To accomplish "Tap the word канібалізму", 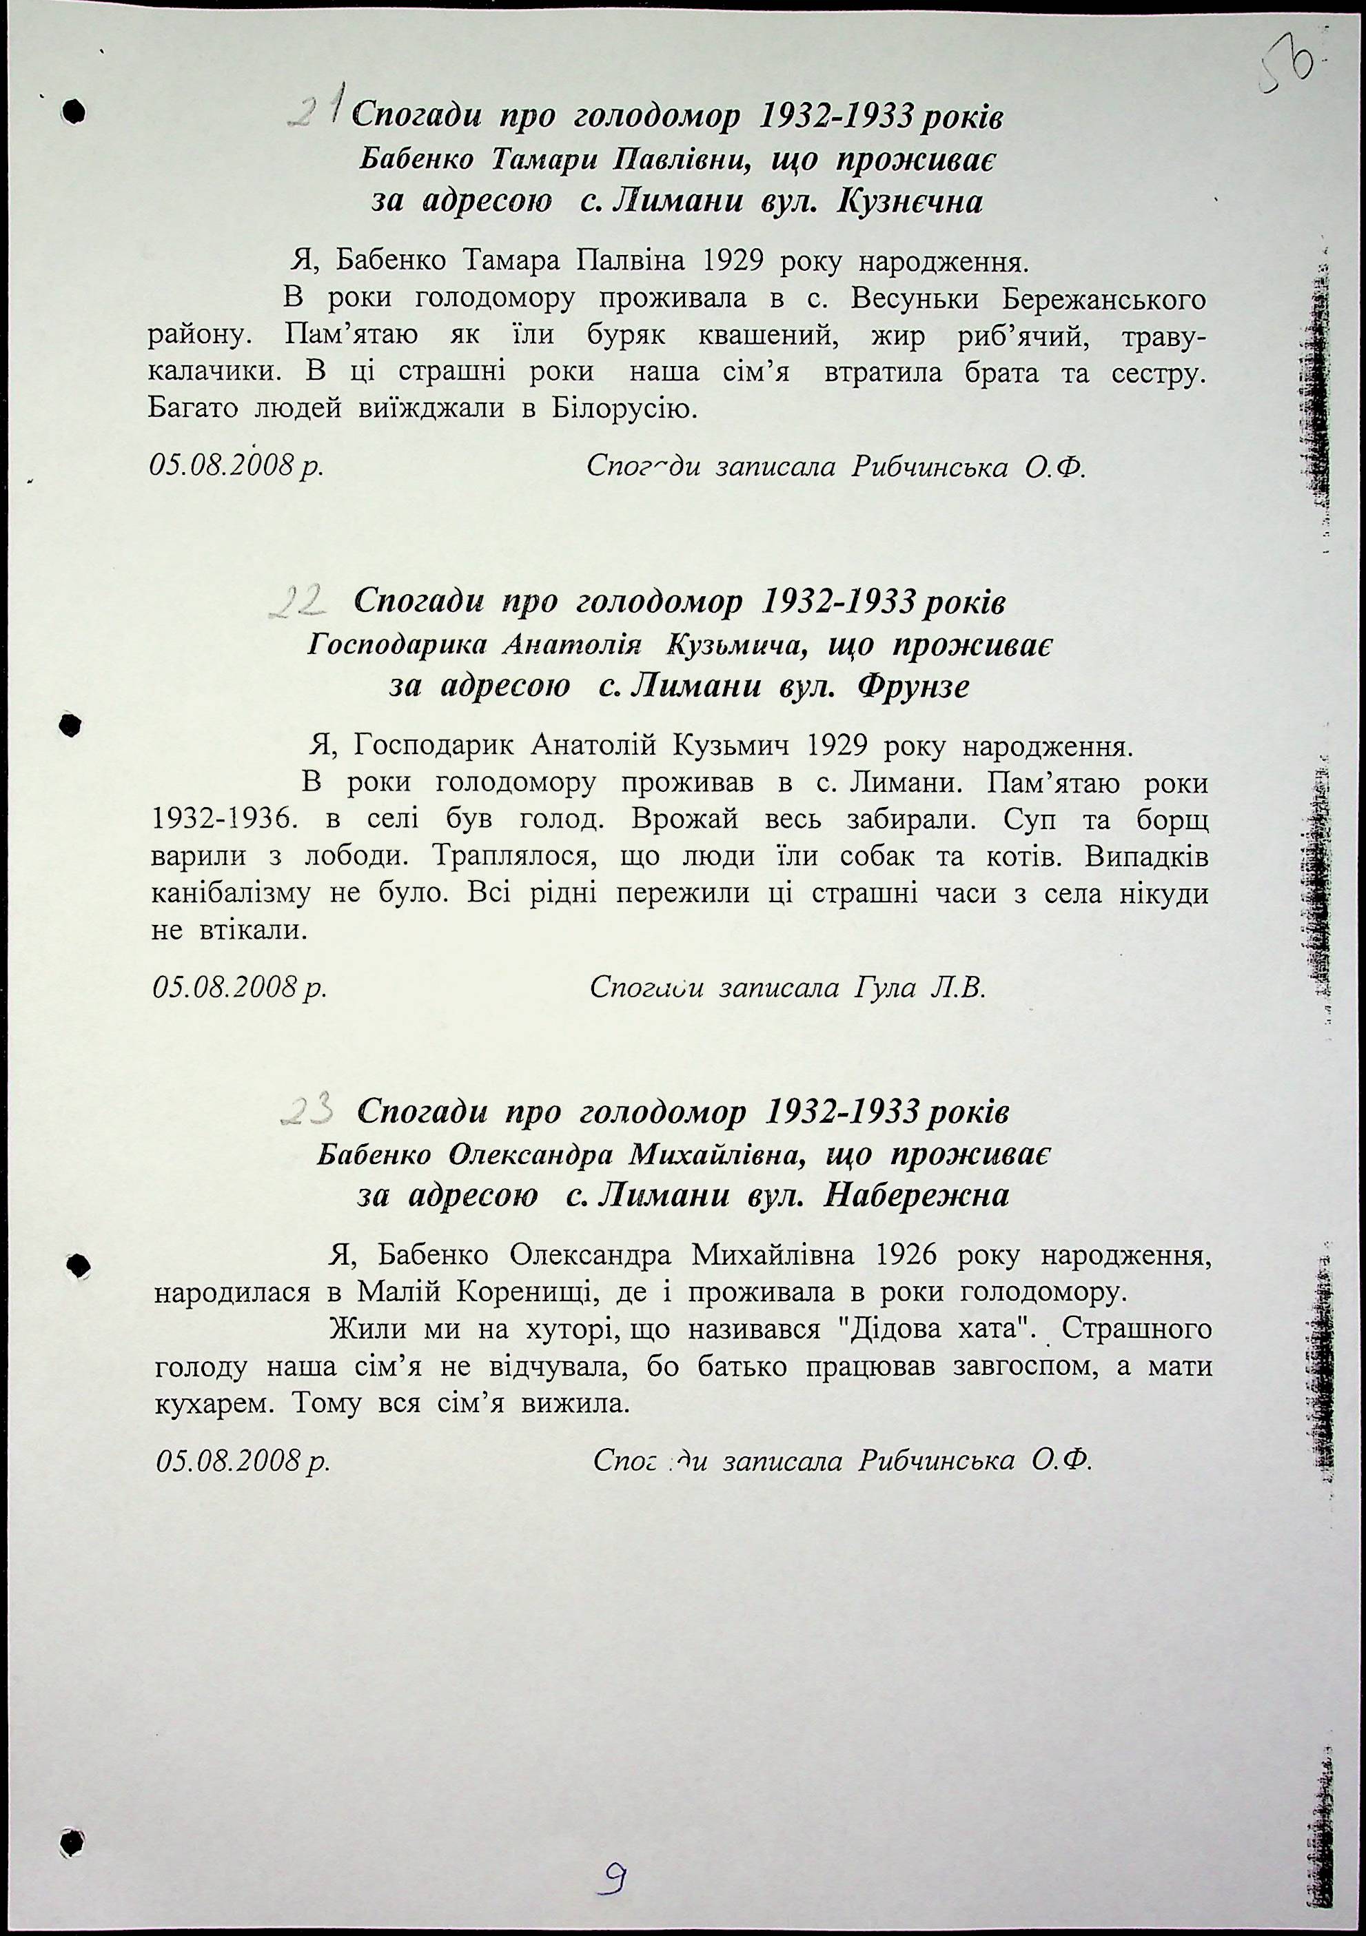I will [231, 894].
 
